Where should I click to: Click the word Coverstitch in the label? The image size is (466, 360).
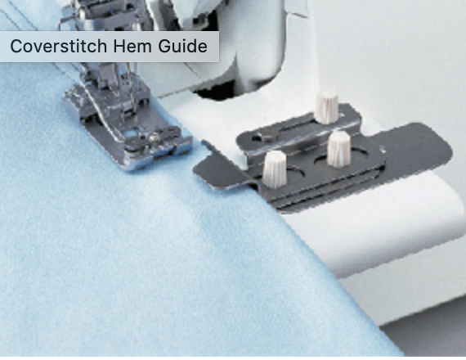pyautogui.click(x=58, y=46)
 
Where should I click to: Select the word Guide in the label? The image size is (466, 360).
pyautogui.click(x=182, y=46)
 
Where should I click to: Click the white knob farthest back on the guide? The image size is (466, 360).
pyautogui.click(x=327, y=106)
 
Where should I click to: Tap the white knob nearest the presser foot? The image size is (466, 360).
pyautogui.click(x=275, y=169)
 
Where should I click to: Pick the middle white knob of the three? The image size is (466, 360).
pyautogui.click(x=338, y=149)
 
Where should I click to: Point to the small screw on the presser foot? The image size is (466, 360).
pyautogui.click(x=154, y=137)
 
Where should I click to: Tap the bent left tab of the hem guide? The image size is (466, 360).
pyautogui.click(x=216, y=167)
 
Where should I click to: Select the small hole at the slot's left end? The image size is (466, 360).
pyautogui.click(x=256, y=137)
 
